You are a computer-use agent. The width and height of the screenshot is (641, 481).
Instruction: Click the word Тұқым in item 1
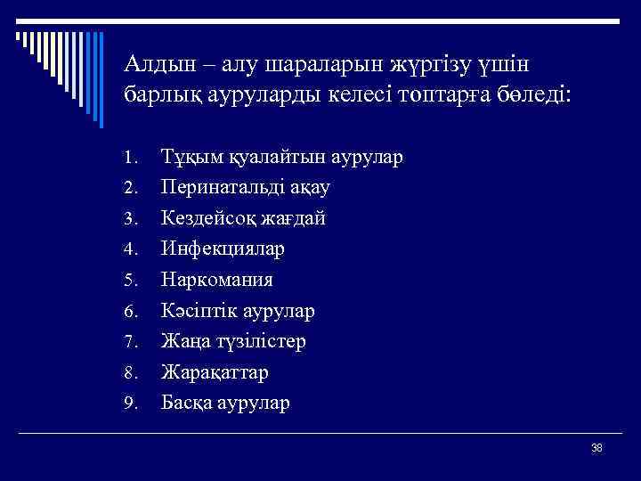point(189,158)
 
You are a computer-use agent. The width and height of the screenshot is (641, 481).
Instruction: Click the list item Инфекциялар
point(223,249)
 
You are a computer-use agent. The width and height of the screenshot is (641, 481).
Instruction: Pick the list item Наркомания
point(216,280)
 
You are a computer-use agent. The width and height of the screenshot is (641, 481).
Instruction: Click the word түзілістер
point(264,341)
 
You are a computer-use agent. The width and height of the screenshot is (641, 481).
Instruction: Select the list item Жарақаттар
point(215,372)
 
